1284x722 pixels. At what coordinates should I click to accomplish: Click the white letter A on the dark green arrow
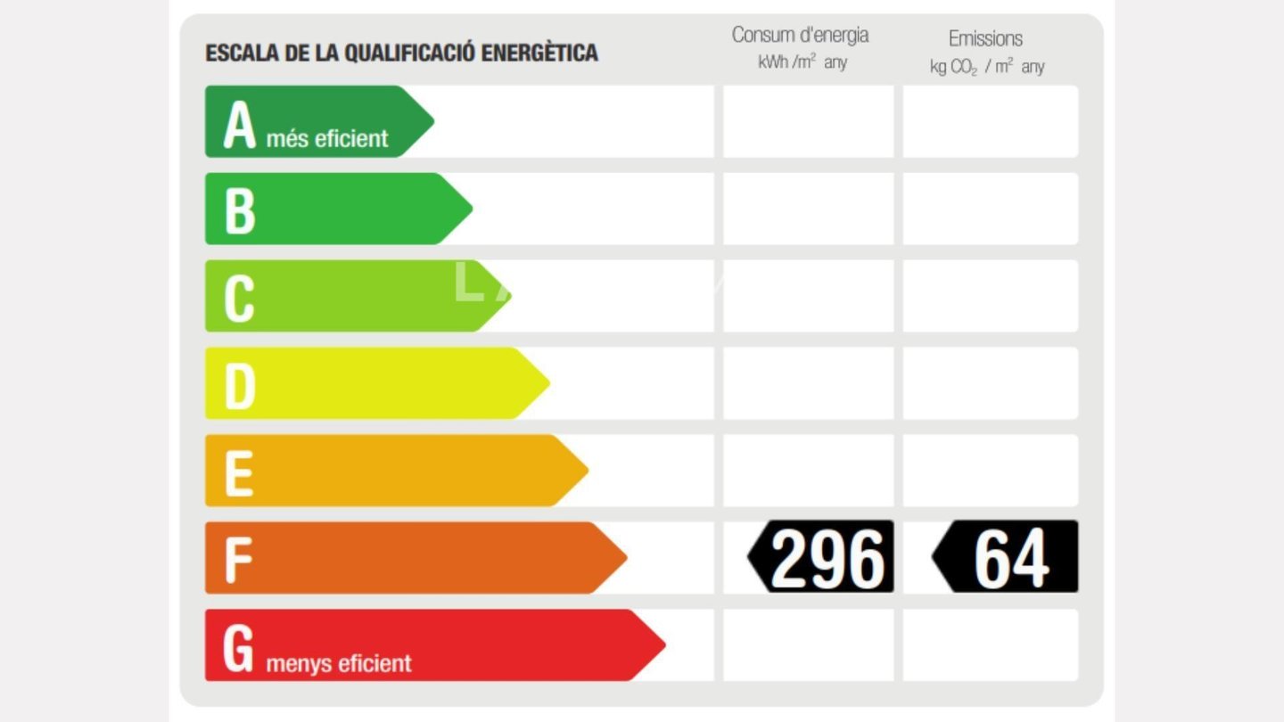(x=239, y=125)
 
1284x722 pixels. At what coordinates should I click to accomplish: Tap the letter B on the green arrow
(x=239, y=209)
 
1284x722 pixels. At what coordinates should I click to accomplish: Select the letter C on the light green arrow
(x=239, y=298)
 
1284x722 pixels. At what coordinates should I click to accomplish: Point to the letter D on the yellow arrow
(x=239, y=385)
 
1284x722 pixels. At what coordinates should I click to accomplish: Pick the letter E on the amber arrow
(x=238, y=472)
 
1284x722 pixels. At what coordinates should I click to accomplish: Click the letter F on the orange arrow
(x=237, y=560)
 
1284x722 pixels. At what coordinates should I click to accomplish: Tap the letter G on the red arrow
(x=238, y=649)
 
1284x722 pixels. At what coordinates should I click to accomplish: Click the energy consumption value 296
(x=827, y=558)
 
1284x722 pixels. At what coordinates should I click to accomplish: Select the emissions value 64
(x=1011, y=558)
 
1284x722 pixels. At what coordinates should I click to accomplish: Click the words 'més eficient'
(x=327, y=139)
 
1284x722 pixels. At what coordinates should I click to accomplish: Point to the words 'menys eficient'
(x=339, y=664)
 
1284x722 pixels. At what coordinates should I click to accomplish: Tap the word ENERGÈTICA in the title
(x=539, y=53)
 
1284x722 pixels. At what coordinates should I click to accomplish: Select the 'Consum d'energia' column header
(x=800, y=36)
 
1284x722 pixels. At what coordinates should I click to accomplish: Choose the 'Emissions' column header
(x=985, y=38)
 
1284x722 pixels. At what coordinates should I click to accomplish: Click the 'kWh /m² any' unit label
(x=802, y=62)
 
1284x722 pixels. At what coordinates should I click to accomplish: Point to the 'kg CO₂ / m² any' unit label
(x=987, y=67)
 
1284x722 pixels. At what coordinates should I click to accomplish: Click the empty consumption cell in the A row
(x=808, y=121)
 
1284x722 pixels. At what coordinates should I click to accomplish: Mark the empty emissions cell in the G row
(x=990, y=645)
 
